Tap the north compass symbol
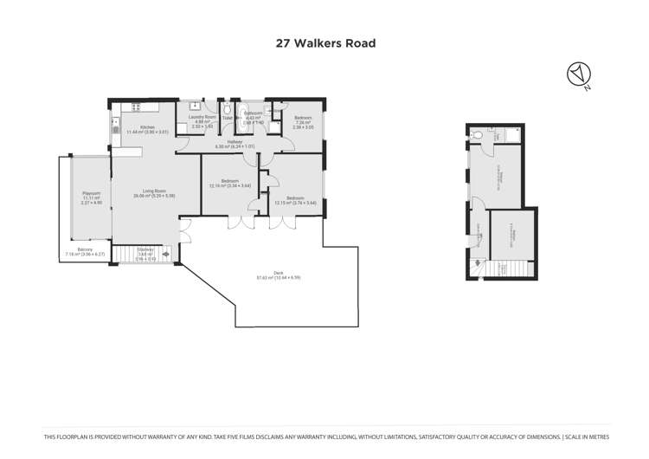point(576,74)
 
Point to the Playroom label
point(91,196)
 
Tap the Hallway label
point(235,144)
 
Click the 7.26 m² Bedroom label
point(302,120)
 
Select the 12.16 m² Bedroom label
point(229,183)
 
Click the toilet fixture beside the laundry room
point(225,112)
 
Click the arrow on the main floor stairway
point(166,255)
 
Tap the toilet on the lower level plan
point(477,135)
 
